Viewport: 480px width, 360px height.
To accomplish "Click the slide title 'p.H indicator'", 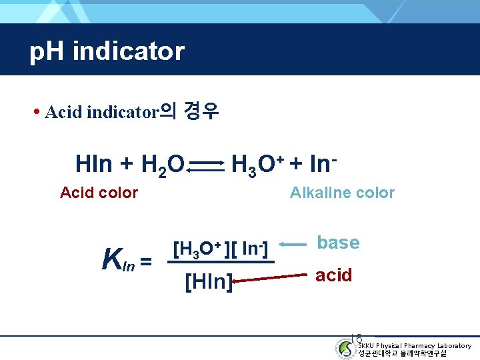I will pos(107,51).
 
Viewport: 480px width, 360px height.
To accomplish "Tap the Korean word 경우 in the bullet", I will pos(201,111).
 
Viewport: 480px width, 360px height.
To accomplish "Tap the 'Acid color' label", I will pos(99,193).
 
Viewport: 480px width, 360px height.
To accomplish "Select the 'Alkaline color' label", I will pos(342,193).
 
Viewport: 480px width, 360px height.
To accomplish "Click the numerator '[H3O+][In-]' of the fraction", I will pos(220,249).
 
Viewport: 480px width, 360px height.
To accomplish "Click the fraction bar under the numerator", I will pos(220,262).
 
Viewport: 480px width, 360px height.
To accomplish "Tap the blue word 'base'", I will pos(338,243).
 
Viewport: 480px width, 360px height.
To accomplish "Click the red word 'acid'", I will pos(333,275).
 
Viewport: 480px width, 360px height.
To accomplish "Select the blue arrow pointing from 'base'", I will pos(294,245).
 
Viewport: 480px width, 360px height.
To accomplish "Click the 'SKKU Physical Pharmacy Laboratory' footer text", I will pos(414,345).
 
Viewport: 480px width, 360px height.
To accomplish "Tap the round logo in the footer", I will pos(345,349).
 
